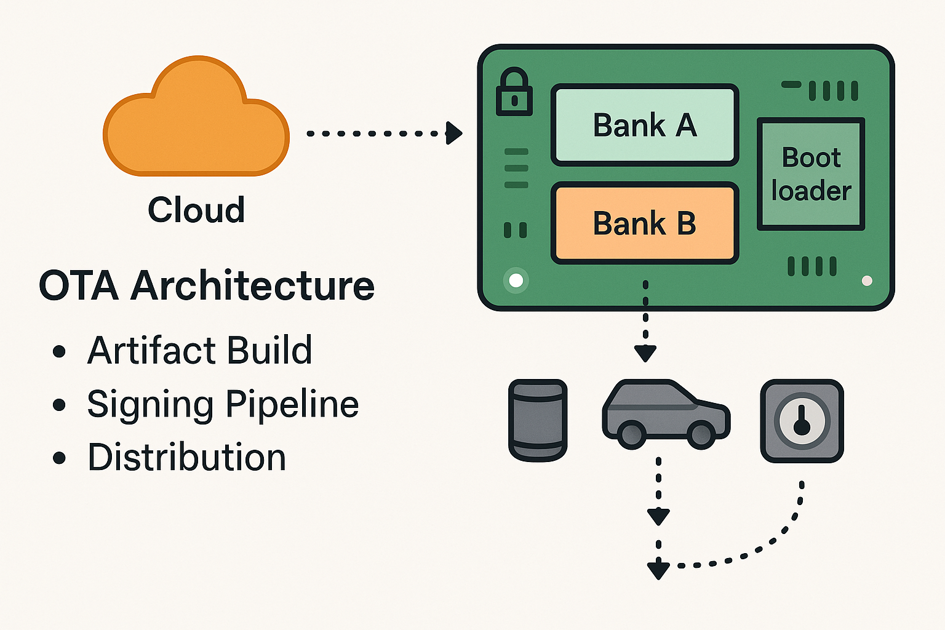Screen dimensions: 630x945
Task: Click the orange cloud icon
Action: coord(196,120)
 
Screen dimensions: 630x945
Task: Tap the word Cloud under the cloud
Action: coord(196,210)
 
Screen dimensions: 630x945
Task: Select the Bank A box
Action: coord(645,126)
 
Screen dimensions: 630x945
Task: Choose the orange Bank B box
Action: coord(645,223)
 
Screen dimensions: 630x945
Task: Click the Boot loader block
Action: coord(811,174)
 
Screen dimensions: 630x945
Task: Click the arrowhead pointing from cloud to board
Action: coord(454,133)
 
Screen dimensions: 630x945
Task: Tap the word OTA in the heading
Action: coord(78,286)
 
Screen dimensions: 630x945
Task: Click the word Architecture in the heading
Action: coord(252,286)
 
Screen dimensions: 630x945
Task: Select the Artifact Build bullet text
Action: coord(199,351)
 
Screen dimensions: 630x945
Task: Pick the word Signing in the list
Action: coord(151,405)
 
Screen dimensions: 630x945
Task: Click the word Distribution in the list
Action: coord(186,458)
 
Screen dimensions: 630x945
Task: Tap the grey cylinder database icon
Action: coord(538,420)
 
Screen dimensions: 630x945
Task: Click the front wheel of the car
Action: coord(701,434)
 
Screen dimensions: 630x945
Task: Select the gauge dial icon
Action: coord(802,421)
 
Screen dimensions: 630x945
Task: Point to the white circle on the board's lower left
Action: coord(516,281)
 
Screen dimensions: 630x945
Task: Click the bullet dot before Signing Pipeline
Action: coord(59,405)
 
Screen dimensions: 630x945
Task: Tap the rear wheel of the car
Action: coord(631,434)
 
